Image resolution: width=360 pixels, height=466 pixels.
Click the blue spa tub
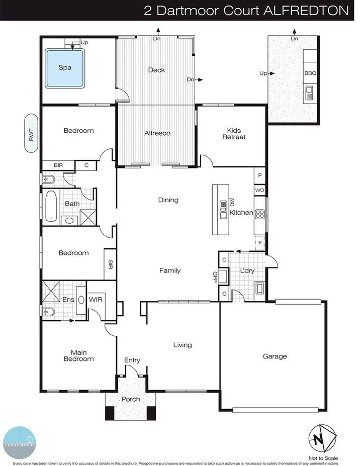click(x=65, y=67)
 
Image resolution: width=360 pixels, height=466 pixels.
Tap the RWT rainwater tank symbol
click(x=32, y=133)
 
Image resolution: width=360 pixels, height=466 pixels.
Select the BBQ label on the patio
click(x=310, y=73)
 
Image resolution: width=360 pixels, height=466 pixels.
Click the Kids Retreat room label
click(x=234, y=133)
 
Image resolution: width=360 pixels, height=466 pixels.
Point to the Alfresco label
click(x=157, y=133)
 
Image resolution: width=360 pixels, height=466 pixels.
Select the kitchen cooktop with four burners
click(x=260, y=214)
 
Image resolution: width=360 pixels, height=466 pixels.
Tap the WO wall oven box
click(x=259, y=191)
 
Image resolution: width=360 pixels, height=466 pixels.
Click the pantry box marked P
click(x=259, y=175)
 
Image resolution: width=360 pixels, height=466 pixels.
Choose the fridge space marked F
click(x=259, y=242)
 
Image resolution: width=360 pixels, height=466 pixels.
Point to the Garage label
click(x=275, y=356)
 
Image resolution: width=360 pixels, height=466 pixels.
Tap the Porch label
click(x=131, y=399)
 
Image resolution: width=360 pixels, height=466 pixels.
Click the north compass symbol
click(x=318, y=438)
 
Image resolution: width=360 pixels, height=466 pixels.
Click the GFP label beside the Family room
click(x=215, y=277)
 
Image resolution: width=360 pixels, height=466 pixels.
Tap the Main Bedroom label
click(x=78, y=355)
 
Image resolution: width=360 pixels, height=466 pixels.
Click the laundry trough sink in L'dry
click(x=259, y=288)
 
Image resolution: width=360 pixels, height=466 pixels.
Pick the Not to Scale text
click(x=324, y=458)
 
